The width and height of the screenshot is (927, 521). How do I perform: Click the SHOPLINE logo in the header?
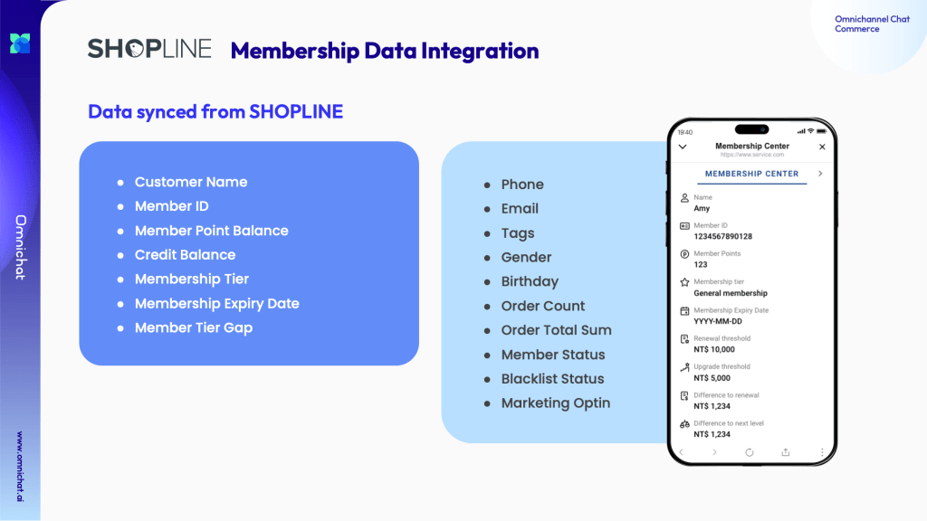pyautogui.click(x=149, y=49)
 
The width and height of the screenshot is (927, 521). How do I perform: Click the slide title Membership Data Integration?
pyautogui.click(x=384, y=51)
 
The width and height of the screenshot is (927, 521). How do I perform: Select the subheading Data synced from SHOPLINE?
pyautogui.click(x=215, y=111)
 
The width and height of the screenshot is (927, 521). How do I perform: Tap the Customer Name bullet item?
pyautogui.click(x=190, y=182)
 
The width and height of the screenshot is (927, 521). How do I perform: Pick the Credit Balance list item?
pyautogui.click(x=185, y=254)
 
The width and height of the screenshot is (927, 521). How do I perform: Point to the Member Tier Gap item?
pyautogui.click(x=194, y=327)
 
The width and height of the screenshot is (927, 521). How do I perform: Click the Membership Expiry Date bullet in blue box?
pyautogui.click(x=217, y=304)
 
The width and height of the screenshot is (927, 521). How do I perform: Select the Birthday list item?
pyautogui.click(x=530, y=282)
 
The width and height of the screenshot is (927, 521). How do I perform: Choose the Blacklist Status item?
pyautogui.click(x=553, y=379)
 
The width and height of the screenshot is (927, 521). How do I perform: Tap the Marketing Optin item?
pyautogui.click(x=556, y=403)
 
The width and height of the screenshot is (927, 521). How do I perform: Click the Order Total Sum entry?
pyautogui.click(x=557, y=330)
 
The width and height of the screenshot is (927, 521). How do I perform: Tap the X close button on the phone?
pyautogui.click(x=822, y=147)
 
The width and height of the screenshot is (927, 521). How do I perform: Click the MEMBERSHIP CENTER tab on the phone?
pyautogui.click(x=751, y=174)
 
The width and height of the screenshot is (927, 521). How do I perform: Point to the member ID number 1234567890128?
pyautogui.click(x=722, y=236)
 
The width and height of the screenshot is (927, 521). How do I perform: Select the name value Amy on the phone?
pyautogui.click(x=702, y=209)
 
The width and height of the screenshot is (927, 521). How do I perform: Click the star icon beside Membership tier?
pyautogui.click(x=684, y=282)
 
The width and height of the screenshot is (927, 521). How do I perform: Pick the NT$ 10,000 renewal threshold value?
pyautogui.click(x=714, y=350)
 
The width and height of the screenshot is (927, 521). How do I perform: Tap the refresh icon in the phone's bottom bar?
pyautogui.click(x=749, y=452)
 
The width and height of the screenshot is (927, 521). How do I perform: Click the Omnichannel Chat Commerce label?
pyautogui.click(x=872, y=24)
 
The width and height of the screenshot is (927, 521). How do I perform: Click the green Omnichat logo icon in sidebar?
pyautogui.click(x=20, y=43)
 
